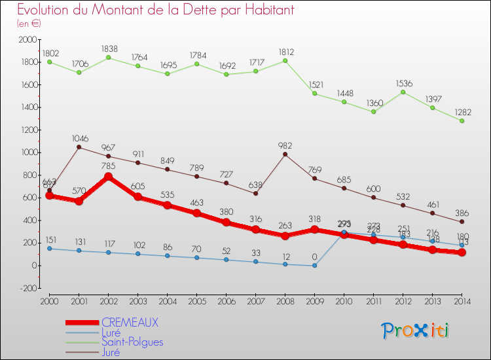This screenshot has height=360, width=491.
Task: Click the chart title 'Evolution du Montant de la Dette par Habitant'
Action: coord(155,10)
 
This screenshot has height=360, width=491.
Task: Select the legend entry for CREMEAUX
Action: coord(130,323)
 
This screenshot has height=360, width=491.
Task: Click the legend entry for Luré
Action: coord(112,333)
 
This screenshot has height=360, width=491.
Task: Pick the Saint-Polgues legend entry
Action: coord(132,342)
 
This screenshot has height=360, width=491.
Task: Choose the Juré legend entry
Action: coord(112,351)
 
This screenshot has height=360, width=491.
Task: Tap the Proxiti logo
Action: coord(415,331)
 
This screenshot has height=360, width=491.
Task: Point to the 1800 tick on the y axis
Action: coord(27,62)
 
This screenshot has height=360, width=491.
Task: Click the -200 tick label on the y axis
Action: coord(27,288)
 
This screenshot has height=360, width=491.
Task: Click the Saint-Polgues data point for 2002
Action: coord(108,58)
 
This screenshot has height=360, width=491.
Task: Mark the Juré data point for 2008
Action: coord(285,154)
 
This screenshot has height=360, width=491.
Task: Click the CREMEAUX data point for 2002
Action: coord(108,177)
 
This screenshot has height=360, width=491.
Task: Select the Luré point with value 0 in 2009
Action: coord(314,265)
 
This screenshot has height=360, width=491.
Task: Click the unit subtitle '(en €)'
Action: coord(29,24)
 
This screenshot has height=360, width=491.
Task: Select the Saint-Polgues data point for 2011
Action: coord(373,111)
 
